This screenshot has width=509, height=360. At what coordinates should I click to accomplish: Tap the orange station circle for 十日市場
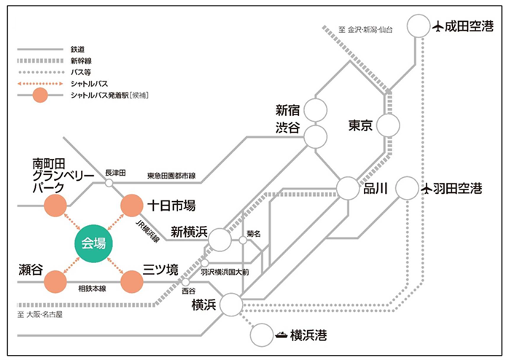(x=133, y=206)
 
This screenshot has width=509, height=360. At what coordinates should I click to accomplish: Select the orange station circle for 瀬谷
(x=55, y=281)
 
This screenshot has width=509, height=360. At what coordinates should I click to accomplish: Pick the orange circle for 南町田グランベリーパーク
(x=55, y=206)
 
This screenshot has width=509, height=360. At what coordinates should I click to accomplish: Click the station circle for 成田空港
(x=418, y=28)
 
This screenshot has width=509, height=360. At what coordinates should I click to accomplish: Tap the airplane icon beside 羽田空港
(x=427, y=189)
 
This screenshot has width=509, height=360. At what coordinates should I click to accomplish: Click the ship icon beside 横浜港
(x=281, y=336)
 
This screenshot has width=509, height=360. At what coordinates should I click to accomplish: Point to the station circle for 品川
(x=349, y=188)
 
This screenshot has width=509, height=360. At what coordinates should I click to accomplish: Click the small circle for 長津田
(x=109, y=182)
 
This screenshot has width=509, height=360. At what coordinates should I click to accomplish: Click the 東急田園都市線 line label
(x=171, y=176)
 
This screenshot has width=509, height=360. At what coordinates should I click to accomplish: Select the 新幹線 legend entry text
(x=82, y=63)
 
